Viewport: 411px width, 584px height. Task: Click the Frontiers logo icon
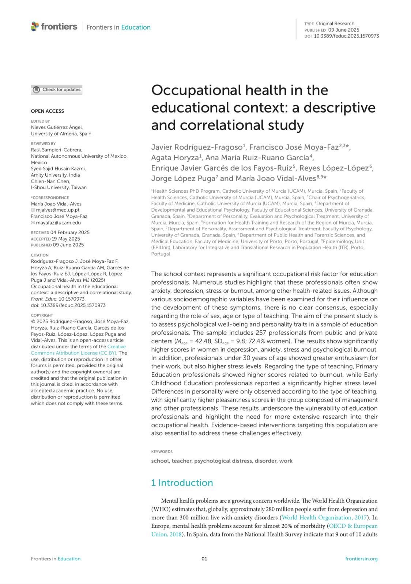(x=35, y=26)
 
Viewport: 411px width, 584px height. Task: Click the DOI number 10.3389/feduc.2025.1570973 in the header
(x=346, y=36)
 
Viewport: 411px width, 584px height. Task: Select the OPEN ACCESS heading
(x=47, y=111)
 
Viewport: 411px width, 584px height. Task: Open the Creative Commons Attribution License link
(x=78, y=350)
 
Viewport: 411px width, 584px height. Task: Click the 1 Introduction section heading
(x=182, y=483)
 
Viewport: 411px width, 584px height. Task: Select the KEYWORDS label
(x=162, y=452)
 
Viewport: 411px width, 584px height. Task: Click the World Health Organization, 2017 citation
(x=324, y=518)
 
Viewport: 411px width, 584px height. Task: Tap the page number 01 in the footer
(x=204, y=559)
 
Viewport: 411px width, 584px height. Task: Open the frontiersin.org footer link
(x=361, y=559)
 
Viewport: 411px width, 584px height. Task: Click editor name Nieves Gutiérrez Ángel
(x=57, y=127)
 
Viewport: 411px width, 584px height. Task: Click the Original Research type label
(x=335, y=23)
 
